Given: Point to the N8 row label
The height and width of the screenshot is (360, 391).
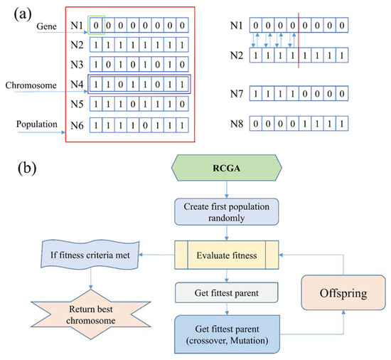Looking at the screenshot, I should coord(238,125).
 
